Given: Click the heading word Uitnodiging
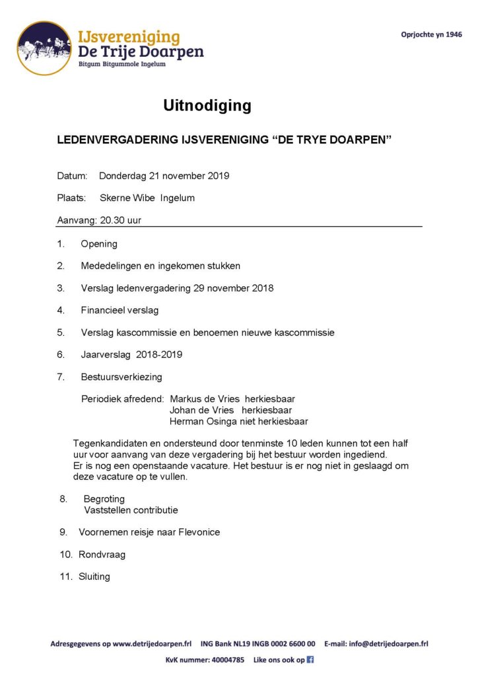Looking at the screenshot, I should click(x=207, y=105).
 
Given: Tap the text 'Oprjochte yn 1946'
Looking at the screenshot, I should click(x=431, y=34).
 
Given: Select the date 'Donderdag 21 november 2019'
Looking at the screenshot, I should click(x=164, y=176).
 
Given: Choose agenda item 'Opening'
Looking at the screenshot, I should click(x=99, y=244).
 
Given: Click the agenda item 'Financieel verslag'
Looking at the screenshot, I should click(x=119, y=310).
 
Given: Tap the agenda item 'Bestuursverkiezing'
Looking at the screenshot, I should click(x=121, y=377).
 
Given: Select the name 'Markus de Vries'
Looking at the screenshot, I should click(x=204, y=399).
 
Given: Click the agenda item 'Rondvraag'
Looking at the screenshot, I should click(x=102, y=555).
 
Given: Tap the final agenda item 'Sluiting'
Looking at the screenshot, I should click(x=94, y=577).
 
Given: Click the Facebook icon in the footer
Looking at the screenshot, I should click(x=310, y=659).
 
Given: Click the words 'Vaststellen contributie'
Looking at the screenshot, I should click(x=131, y=510).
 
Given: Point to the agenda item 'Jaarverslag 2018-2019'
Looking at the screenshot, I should click(x=131, y=354).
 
